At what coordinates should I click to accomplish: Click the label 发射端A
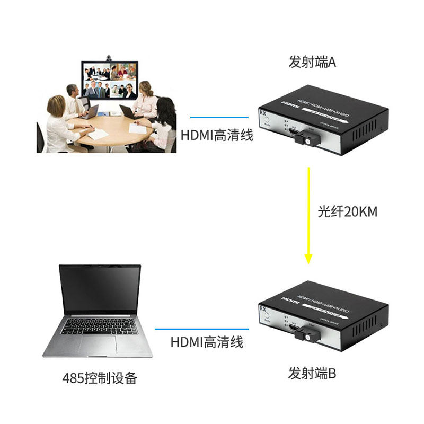pos(312,63)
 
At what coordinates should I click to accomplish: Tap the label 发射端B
pos(312,374)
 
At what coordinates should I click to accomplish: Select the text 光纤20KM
pos(347,212)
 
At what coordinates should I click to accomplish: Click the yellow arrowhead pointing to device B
pos(308,259)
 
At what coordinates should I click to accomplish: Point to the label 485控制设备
pos(100,378)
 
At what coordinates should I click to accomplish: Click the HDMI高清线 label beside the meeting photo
pos(217,135)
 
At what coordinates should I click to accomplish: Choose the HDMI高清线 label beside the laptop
pos(207,342)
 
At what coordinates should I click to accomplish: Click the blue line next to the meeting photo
pos(219,117)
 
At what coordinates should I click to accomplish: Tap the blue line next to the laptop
pos(201,329)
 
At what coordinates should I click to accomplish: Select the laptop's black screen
pos(100,290)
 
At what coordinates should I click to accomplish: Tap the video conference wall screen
pos(109,81)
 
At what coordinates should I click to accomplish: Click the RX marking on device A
pos(263,113)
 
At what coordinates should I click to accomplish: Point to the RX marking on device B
pos(262,307)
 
